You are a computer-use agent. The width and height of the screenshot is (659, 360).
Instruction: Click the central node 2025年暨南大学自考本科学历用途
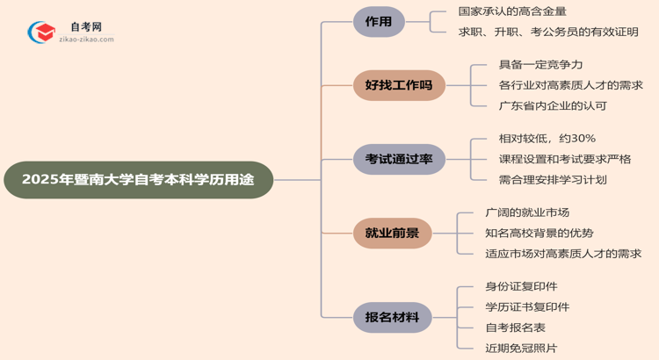(138, 180)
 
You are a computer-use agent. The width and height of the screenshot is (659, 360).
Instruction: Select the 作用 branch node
(379, 23)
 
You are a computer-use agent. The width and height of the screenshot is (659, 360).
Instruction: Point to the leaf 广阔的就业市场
(527, 212)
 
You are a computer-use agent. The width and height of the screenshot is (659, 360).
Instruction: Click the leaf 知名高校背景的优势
(540, 233)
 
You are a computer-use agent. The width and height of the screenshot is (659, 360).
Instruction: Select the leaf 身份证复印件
(521, 286)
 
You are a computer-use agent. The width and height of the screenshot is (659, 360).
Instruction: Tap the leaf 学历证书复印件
(527, 306)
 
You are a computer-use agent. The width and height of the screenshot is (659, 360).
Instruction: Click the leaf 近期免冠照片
(521, 348)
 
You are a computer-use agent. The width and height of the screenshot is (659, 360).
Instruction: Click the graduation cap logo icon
(40, 33)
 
